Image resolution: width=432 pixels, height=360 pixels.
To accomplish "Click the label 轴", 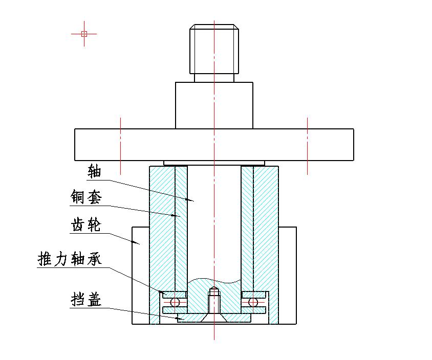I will [x=95, y=171].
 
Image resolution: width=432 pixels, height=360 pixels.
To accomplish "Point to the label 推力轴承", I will [x=70, y=259].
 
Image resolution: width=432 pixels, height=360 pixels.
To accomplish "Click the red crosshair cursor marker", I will [x=84, y=34].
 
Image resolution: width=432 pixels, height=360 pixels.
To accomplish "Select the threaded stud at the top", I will [x=214, y=49].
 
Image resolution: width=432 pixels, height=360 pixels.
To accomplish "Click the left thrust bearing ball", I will [x=175, y=302].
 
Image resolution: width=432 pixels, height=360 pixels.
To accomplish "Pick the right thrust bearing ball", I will [x=253, y=302].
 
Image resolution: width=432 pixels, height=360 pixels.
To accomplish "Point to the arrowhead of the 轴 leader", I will [x=192, y=200].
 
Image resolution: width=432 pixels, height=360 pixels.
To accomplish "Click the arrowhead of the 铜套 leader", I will [x=179, y=216].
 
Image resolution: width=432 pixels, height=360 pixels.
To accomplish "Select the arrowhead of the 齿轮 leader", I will [x=139, y=244].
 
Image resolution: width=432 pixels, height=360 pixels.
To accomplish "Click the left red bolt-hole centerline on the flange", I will [x=120, y=146].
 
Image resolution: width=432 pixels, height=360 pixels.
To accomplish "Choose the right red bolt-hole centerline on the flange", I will [x=307, y=146].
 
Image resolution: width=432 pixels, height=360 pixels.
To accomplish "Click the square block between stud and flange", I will [x=214, y=105].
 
